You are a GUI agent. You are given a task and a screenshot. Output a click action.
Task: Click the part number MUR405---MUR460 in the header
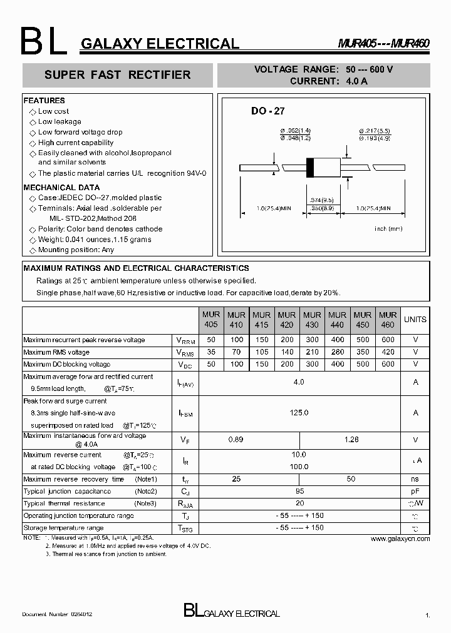[x=384, y=44]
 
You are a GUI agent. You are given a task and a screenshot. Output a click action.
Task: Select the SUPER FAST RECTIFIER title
[x=117, y=75]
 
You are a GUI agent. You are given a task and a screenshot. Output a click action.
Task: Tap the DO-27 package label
[x=267, y=111]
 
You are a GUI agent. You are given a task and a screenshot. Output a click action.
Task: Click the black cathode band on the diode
[x=309, y=168]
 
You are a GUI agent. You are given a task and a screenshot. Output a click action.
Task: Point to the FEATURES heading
[x=44, y=101]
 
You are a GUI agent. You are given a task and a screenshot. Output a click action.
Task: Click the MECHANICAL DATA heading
[x=61, y=188]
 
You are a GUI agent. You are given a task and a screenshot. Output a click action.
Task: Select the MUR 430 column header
[x=312, y=320]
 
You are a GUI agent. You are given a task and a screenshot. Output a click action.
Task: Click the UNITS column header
[x=415, y=320]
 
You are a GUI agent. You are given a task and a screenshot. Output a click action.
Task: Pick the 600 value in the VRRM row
[x=388, y=340]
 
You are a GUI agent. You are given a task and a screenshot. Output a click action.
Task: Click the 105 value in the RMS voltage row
[x=261, y=352]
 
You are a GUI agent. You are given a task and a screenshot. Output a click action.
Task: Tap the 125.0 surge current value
[x=299, y=413]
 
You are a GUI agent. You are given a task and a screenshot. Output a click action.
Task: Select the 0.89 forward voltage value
[x=236, y=440]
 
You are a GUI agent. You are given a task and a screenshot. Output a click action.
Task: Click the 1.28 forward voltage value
[x=351, y=440]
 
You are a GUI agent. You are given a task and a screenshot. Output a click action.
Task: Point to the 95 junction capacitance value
[x=299, y=491]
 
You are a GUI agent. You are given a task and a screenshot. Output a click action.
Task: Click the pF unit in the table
[x=415, y=491]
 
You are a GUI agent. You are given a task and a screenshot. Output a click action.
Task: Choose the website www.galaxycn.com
[x=400, y=539]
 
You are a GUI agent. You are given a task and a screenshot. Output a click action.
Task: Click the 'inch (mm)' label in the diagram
[x=388, y=229]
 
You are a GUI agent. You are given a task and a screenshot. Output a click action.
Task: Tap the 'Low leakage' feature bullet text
[x=60, y=122]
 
